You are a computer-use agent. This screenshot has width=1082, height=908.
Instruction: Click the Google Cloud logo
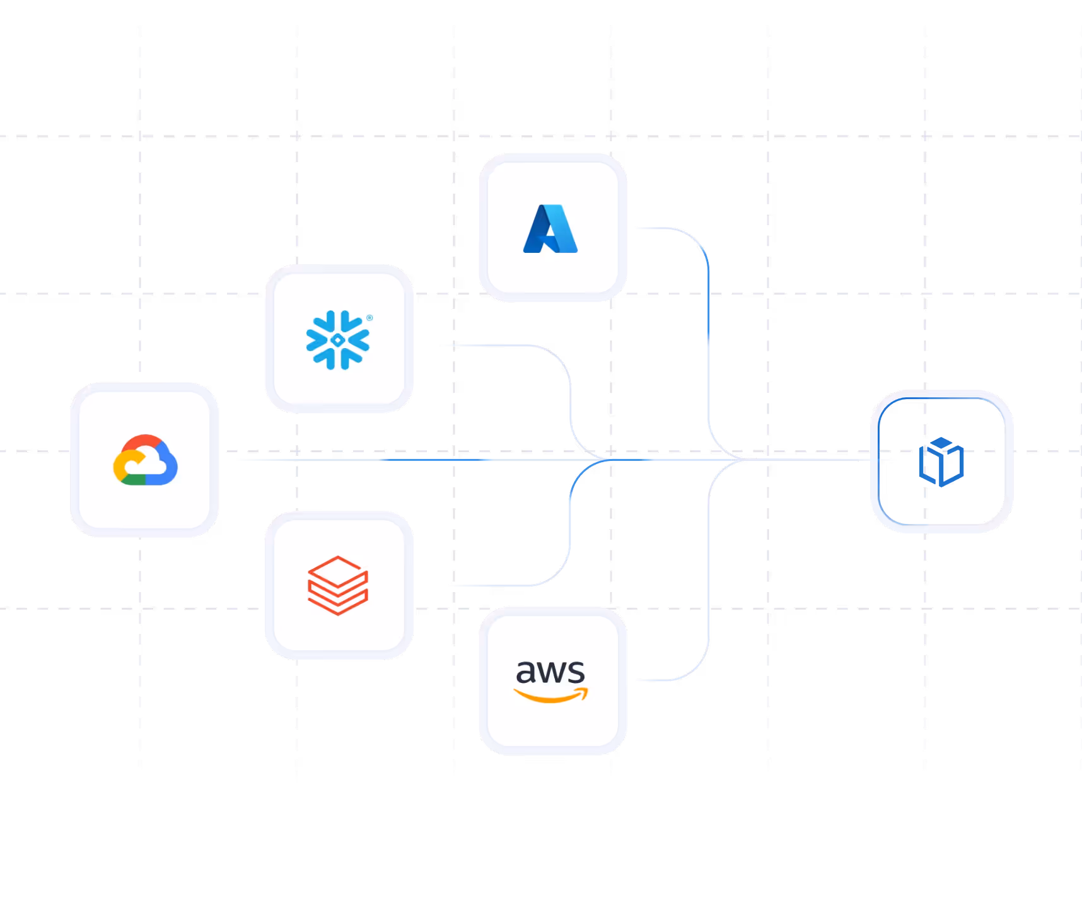145,460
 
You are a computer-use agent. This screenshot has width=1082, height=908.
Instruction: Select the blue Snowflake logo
338,340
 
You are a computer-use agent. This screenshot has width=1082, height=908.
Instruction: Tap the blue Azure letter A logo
550,229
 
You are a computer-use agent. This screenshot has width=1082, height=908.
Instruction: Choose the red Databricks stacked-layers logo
338,585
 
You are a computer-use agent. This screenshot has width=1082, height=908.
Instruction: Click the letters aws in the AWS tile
550,672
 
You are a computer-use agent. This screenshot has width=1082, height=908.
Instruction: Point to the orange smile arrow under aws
550,696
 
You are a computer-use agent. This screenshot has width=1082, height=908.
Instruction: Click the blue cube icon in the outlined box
941,462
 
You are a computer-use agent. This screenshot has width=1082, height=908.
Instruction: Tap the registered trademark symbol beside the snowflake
369,318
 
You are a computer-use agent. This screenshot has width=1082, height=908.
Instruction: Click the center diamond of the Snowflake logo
338,340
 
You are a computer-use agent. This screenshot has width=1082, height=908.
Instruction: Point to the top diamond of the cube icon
941,442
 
